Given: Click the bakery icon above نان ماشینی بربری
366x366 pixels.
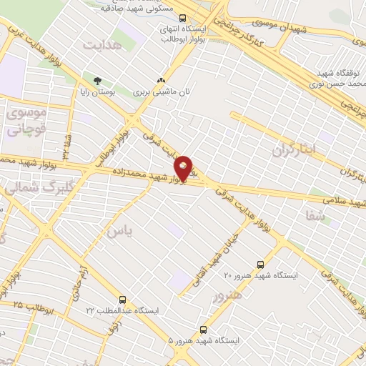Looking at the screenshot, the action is [161, 81].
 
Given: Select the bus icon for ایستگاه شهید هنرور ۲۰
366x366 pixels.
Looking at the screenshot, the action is [259, 263].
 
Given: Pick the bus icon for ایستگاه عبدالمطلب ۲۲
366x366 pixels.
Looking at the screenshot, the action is [123, 300].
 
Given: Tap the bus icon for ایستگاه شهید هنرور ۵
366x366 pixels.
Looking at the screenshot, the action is [204, 329].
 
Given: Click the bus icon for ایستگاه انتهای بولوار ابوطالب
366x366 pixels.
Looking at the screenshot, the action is [182, 19].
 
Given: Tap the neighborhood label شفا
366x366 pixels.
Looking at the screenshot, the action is [315, 214].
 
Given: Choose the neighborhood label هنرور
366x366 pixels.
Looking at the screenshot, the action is [227, 295].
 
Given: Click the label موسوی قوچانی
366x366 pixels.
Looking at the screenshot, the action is [24, 121].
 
